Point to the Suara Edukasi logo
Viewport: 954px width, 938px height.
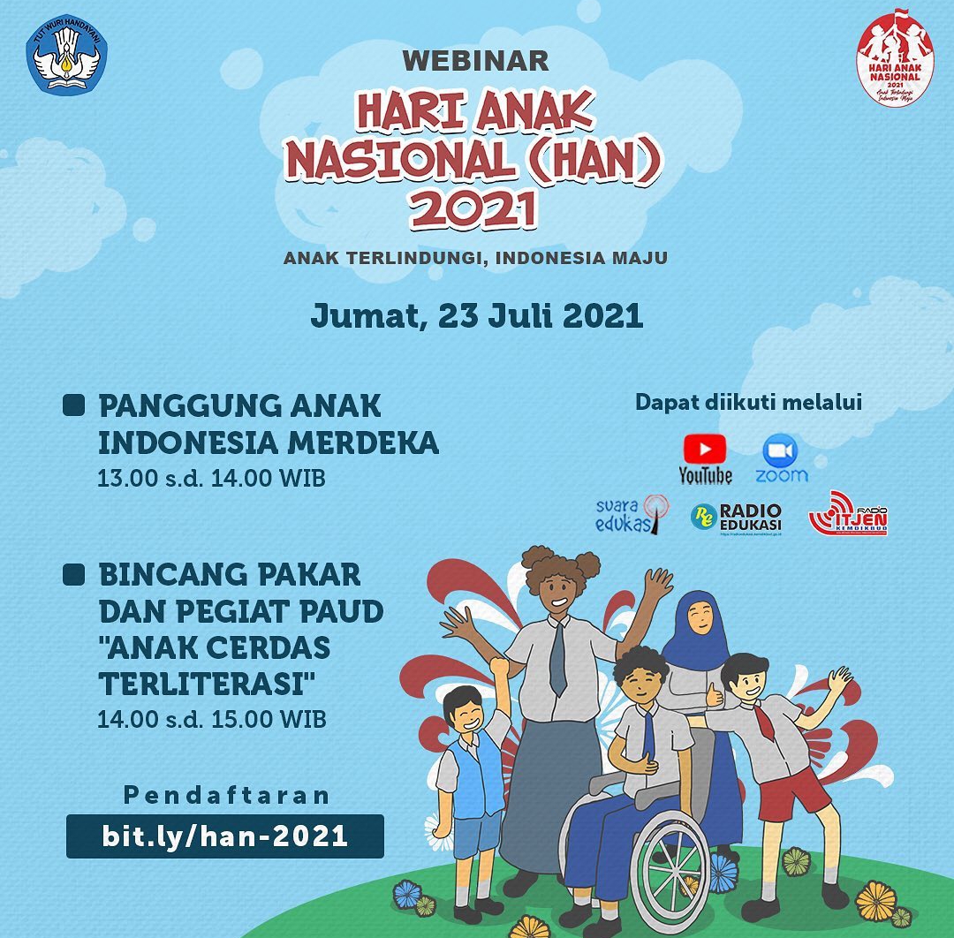click(x=632, y=514)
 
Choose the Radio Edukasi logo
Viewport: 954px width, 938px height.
click(x=736, y=517)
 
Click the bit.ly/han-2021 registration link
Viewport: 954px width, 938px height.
click(x=224, y=836)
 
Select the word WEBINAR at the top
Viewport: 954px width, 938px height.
click(x=475, y=61)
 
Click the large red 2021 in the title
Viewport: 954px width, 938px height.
click(x=473, y=211)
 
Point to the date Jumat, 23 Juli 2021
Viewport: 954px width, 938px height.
click(x=476, y=316)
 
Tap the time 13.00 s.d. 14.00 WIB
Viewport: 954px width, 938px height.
click(x=211, y=479)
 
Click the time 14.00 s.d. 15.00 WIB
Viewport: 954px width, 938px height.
click(x=211, y=719)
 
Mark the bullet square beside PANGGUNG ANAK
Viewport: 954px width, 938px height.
click(x=74, y=405)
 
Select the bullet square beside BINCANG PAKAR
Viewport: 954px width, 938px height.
click(x=74, y=575)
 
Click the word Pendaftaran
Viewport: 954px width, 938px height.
click(x=227, y=795)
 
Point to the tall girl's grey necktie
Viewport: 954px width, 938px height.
click(x=558, y=658)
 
